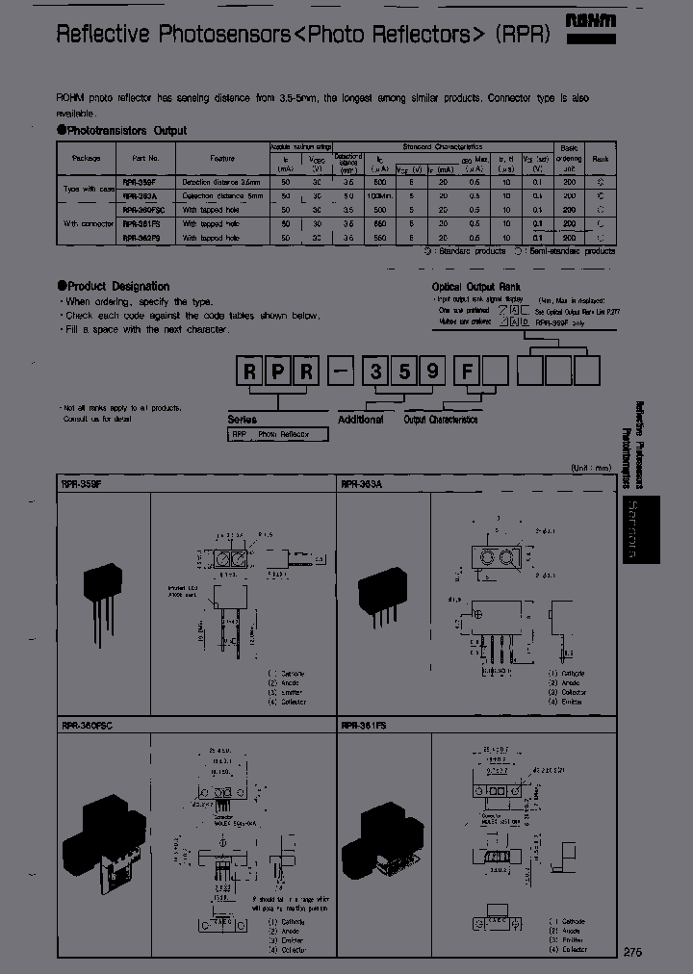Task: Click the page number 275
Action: pos(631,952)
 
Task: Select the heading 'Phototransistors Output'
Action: pos(125,130)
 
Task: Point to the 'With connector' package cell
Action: pos(83,223)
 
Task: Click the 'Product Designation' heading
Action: pos(117,286)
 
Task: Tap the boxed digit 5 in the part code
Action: pos(405,371)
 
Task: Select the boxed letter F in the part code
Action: pos(466,371)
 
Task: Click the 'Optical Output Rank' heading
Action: pos(476,287)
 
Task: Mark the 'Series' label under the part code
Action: pos(243,420)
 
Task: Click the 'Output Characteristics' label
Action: pos(440,420)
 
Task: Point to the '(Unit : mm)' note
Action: pos(590,468)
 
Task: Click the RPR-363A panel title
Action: pos(361,484)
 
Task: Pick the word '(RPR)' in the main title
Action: pos(523,36)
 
